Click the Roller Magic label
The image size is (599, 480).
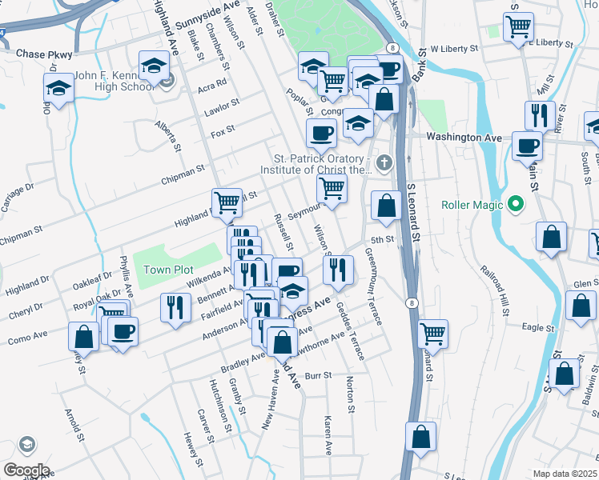(475, 204)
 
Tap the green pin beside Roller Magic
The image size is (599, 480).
(516, 204)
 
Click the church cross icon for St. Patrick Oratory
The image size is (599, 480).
(385, 164)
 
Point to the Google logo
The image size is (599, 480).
(26, 470)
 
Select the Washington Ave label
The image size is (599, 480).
(464, 138)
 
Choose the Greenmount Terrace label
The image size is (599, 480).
(373, 284)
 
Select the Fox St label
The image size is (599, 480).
(223, 129)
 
